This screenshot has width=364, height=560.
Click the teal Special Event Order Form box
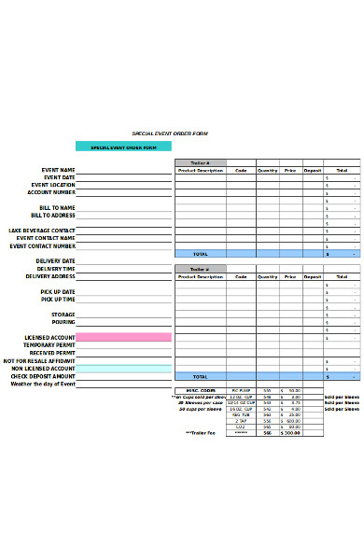coord(123,147)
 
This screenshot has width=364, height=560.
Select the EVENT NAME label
coord(58,169)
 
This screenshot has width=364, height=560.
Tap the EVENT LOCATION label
coord(54,185)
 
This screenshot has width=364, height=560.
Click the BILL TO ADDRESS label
coord(51,215)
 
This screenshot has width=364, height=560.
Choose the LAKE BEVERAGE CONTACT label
coord(42,230)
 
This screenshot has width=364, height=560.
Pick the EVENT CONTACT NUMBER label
coord(43,245)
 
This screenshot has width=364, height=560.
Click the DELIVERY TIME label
coord(56,269)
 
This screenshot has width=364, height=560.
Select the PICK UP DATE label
coord(58,291)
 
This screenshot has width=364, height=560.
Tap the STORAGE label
coord(63,315)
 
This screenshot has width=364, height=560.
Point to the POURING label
coord(63,322)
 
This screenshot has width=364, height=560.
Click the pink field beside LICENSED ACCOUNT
coord(124,337)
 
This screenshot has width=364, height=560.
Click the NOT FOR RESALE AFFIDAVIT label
coord(39,360)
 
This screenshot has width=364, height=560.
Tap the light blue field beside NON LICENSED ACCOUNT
coord(124,369)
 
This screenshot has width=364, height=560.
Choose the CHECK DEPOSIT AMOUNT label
coord(44,376)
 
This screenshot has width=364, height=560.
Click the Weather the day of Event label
coord(43,384)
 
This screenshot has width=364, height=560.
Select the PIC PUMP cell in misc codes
coord(241,390)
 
